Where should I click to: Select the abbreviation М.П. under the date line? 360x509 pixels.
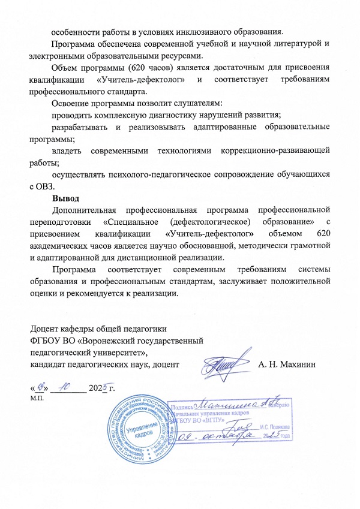37,398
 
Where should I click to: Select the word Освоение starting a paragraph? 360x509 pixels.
73,103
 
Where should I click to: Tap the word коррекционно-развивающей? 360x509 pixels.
276,150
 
